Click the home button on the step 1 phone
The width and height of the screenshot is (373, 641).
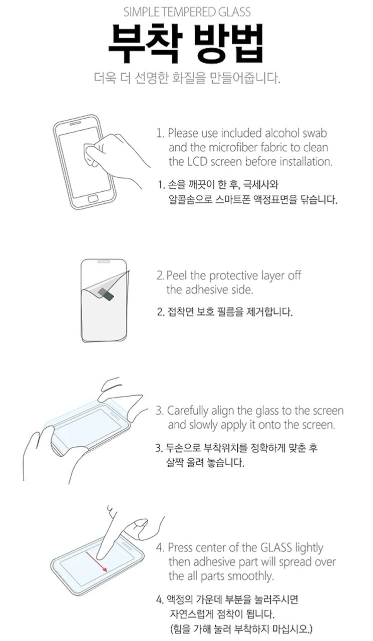(93, 199)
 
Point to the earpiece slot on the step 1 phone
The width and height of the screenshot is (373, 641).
(76, 123)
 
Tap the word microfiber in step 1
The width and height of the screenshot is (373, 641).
(234, 147)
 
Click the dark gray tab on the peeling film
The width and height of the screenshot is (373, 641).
(106, 294)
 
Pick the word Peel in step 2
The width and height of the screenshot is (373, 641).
(177, 275)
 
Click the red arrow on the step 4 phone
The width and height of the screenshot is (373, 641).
(97, 562)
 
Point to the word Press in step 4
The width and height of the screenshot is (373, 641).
(179, 548)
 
